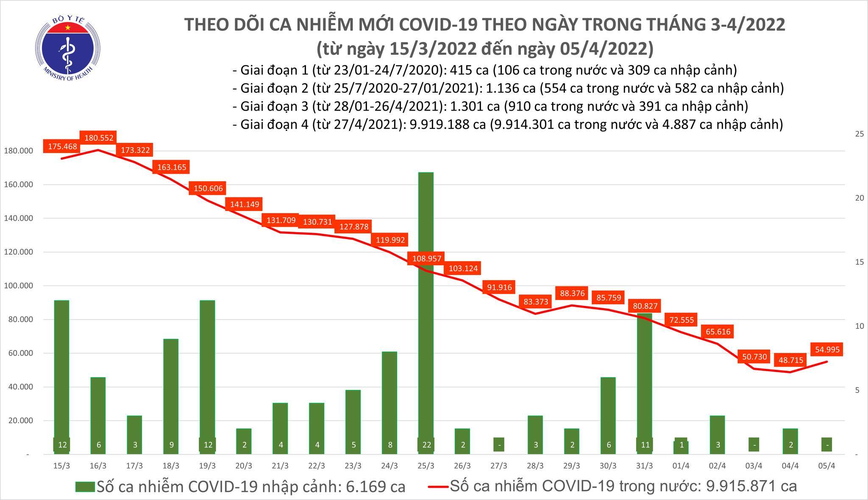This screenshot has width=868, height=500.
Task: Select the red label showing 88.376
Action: tap(572, 293)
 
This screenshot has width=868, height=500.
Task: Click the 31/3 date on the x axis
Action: tap(644, 466)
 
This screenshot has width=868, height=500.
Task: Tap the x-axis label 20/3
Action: tap(244, 466)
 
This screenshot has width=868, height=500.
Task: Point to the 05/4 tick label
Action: tap(827, 466)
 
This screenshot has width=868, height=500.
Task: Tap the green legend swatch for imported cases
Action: tap(85, 487)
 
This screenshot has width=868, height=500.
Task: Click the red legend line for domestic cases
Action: tap(436, 487)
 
